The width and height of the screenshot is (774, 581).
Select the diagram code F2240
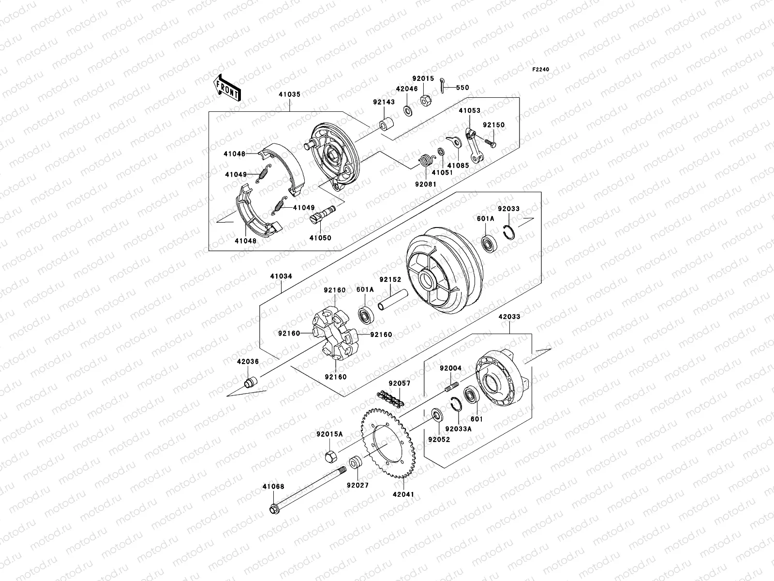pos(541,69)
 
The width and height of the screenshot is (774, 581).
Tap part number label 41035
pos(289,95)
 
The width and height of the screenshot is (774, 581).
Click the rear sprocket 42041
pos(387,443)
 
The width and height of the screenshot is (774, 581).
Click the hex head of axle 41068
pos(274,510)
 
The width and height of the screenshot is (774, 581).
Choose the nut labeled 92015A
pos(333,456)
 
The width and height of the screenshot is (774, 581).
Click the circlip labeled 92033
pos(509,233)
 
